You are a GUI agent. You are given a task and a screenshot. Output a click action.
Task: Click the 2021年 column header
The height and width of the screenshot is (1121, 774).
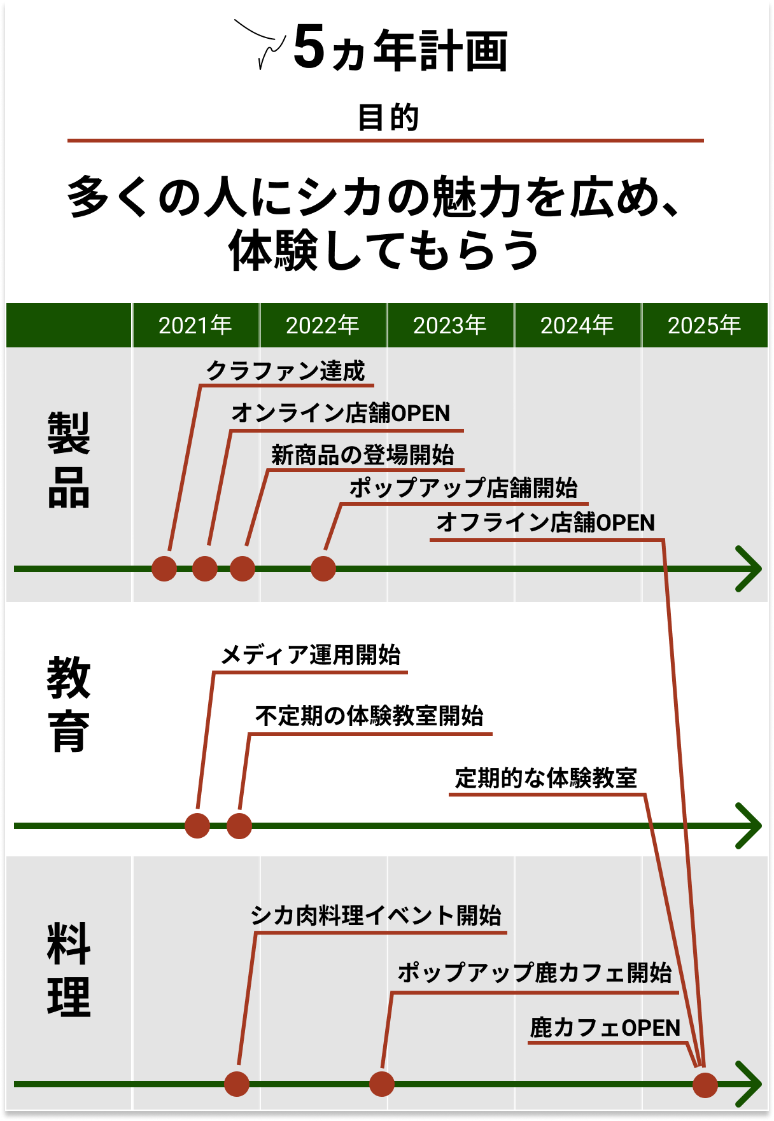pos(195,326)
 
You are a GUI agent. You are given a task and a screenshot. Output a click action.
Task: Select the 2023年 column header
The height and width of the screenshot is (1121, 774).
pos(449,326)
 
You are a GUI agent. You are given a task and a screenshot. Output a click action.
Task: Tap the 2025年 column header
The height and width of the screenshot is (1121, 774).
pos(704,326)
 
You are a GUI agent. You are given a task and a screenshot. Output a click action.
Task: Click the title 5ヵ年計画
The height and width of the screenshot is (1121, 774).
pos(400,50)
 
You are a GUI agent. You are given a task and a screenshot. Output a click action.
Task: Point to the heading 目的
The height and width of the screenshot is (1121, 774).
pos(388,118)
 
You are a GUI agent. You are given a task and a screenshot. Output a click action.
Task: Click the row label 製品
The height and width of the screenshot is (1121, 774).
pos(69,459)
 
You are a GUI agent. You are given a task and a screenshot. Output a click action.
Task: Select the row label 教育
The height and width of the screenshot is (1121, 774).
pos(69,704)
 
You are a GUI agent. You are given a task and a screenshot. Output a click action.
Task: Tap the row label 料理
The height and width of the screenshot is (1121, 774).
pos(69,970)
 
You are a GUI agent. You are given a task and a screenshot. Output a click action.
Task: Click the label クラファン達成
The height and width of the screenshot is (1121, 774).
pos(285,371)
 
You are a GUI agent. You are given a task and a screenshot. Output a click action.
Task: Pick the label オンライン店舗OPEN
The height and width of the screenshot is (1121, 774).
pos(341,413)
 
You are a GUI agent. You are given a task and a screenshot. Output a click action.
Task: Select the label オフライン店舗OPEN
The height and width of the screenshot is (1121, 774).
pos(545,522)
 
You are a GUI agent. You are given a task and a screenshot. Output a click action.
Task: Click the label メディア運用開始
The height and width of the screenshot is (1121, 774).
pos(311,655)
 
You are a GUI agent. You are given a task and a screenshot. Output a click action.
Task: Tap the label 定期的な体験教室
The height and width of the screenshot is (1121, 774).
pos(546,777)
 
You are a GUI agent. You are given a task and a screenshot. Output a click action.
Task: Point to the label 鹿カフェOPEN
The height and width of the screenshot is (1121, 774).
pos(605,1027)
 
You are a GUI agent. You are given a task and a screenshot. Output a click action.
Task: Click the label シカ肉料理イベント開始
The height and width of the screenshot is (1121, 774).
pos(376,916)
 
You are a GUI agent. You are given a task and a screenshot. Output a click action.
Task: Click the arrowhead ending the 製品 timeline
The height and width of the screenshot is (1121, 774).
pos(750,569)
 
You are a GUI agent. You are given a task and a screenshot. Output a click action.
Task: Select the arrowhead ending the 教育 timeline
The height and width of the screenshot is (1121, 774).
pos(750,826)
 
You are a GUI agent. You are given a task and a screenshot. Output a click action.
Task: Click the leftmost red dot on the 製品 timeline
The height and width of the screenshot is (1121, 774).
pos(164,568)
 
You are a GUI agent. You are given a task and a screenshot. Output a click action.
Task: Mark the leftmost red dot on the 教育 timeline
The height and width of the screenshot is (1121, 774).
pos(197,826)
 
